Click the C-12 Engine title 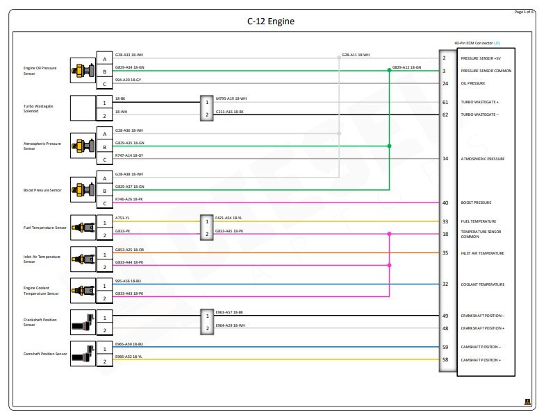point(271,22)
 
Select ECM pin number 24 point(445,83)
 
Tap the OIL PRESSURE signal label point(473,83)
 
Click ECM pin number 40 point(445,203)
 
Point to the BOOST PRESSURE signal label point(476,203)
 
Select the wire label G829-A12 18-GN point(406,67)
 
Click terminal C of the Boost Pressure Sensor point(104,203)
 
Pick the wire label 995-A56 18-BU point(129,281)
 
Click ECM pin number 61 point(445,102)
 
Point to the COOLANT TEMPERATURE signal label point(482,284)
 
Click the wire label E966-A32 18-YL point(129,357)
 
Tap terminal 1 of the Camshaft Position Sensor point(104,347)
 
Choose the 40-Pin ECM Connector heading point(477,43)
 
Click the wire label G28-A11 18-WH point(356,54)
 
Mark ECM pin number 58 point(445,360)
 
